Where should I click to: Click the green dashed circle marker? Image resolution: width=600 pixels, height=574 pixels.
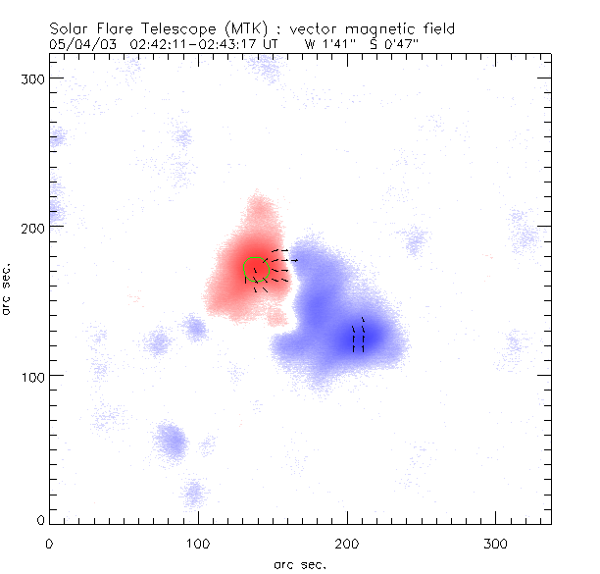256,269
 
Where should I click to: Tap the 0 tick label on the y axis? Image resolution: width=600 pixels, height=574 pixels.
39,520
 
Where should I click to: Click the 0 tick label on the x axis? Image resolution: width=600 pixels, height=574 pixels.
49,542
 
